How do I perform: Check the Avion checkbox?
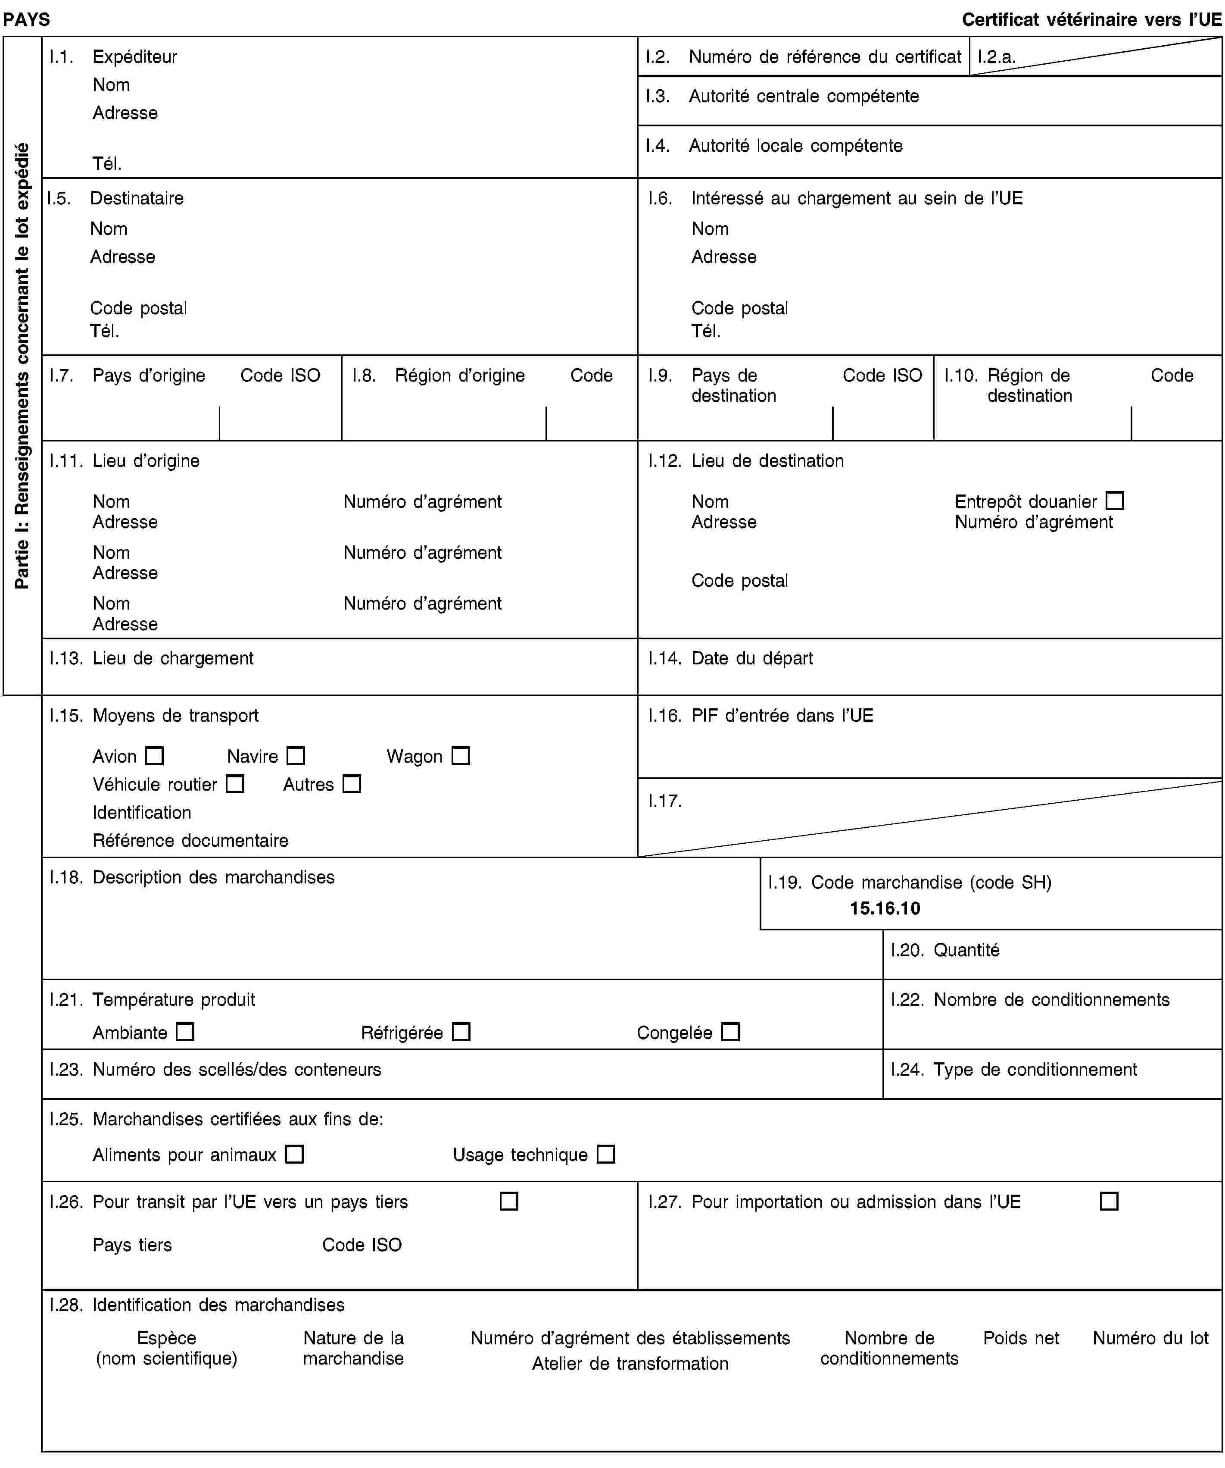tap(154, 756)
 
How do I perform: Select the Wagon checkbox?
tap(461, 756)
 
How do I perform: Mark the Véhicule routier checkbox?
tap(236, 784)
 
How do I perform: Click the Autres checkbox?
tap(352, 784)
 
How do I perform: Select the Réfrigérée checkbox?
tap(461, 1032)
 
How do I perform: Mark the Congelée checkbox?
tap(730, 1032)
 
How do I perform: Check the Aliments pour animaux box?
tap(294, 1154)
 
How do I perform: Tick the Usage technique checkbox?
tap(606, 1154)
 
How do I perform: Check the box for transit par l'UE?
tap(509, 1202)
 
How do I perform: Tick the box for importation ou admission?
tap(1109, 1202)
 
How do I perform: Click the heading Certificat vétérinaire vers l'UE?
tap(1091, 19)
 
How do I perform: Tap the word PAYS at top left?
tap(27, 19)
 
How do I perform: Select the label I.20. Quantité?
tap(945, 950)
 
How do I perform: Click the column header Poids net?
tap(1020, 1338)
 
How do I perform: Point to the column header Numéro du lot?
tap(1150, 1338)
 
